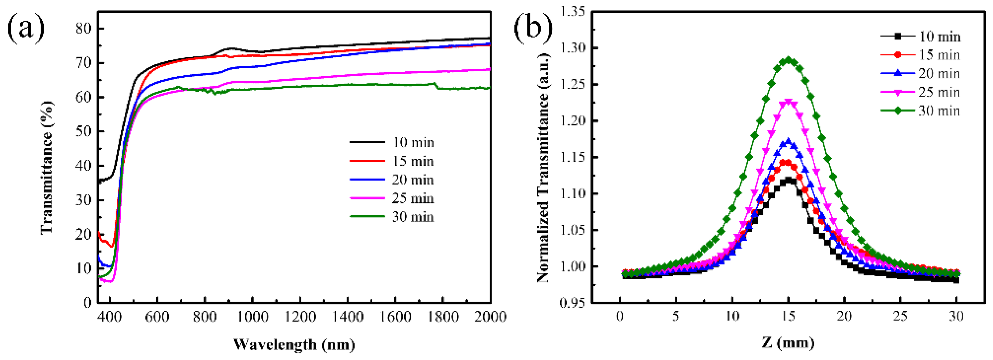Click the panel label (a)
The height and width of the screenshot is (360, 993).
26,28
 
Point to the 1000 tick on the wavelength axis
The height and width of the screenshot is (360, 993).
252,317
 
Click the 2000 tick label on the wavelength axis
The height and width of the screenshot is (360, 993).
489,317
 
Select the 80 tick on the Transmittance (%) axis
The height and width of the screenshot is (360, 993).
84,29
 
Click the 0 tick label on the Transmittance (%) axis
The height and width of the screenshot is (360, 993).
88,302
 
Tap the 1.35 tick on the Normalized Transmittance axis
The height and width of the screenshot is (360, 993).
572,12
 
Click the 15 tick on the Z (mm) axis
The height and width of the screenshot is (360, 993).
788,317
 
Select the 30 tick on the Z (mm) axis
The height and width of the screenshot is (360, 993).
956,317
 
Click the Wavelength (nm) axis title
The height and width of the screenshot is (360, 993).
294,344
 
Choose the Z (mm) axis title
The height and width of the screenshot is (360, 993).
788,343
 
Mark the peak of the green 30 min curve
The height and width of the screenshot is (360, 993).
788,60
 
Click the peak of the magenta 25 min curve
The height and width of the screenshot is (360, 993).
788,102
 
